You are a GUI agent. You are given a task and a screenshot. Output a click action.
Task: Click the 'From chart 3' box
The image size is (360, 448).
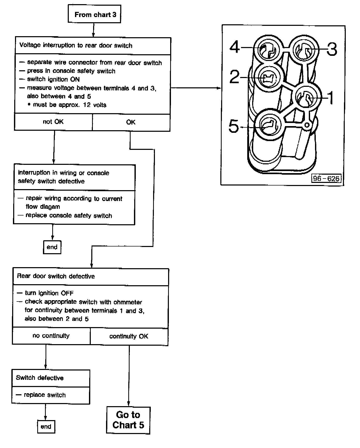[x=94, y=14]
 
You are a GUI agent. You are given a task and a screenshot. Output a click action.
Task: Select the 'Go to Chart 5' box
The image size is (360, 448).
[x=128, y=420]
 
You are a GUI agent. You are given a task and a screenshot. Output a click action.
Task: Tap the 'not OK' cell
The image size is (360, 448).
[x=53, y=122]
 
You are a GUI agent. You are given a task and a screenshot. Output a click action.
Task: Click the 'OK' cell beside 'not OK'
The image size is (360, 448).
[x=131, y=122]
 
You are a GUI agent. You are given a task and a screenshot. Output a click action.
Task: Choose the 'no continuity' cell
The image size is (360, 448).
[x=51, y=336]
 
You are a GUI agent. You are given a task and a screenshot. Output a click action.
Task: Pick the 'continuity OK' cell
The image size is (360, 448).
[x=129, y=336]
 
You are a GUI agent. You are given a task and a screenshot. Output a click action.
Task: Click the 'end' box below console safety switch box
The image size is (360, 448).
[x=52, y=247]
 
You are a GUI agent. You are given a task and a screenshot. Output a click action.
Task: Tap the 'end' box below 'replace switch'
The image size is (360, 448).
[x=46, y=426]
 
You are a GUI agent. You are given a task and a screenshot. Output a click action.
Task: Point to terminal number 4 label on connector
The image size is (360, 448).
[x=235, y=47]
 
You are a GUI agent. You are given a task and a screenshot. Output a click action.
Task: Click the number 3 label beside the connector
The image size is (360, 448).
[x=332, y=49]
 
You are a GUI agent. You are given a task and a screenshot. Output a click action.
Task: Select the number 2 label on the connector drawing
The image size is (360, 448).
[x=235, y=77]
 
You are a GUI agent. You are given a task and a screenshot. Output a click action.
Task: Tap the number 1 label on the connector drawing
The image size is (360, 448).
[x=330, y=98]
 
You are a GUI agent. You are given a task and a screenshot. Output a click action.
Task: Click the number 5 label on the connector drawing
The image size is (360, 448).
[x=234, y=127]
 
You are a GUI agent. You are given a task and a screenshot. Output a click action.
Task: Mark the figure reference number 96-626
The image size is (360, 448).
[x=326, y=179]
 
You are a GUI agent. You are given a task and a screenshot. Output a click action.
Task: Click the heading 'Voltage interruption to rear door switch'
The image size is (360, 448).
[x=76, y=45]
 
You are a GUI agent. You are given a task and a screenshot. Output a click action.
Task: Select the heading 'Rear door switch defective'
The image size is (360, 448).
[x=56, y=276]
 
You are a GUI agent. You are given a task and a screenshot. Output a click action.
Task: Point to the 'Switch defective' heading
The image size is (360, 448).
[x=40, y=378]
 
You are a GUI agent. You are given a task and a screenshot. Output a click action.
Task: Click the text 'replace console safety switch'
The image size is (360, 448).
[x=69, y=215]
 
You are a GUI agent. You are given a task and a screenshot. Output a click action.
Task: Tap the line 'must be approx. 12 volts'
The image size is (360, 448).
[x=70, y=105]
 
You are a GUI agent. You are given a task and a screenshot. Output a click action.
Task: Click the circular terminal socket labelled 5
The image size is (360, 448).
[x=269, y=125]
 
